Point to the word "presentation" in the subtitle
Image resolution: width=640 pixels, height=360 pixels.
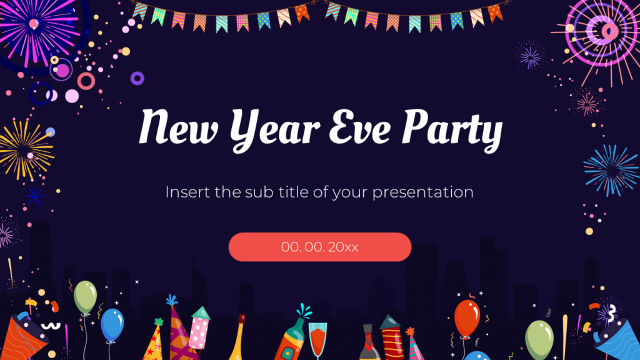pyautogui.click(x=422, y=192)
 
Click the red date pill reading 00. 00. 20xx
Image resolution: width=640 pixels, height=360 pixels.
pyautogui.click(x=319, y=247)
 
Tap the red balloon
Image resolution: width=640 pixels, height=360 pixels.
pyautogui.click(x=467, y=317)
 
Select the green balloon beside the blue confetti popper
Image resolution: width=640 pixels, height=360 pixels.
pyautogui.click(x=539, y=338)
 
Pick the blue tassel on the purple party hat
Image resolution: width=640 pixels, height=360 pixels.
pyautogui.click(x=171, y=301)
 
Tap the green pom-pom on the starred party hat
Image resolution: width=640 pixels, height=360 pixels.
pyautogui.click(x=158, y=322)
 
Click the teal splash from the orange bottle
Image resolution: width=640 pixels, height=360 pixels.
pyautogui.click(x=304, y=310)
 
